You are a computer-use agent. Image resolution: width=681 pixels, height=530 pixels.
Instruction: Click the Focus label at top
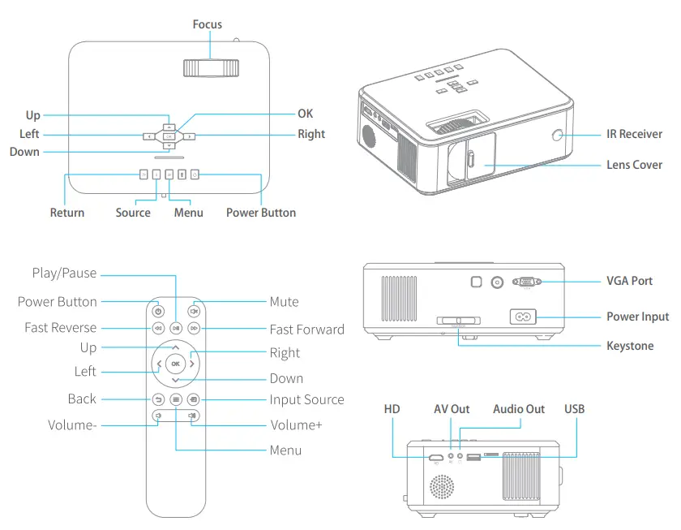[x=208, y=24]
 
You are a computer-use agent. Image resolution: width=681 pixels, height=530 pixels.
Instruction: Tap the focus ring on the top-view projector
[x=210, y=69]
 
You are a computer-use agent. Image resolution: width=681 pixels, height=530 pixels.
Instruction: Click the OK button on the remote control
[x=175, y=364]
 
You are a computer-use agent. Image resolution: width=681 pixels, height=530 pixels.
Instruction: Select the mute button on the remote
[x=194, y=310]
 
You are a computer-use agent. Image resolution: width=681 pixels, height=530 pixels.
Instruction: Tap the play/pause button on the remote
[x=176, y=328]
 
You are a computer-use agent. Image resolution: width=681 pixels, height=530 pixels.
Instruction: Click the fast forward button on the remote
[x=194, y=328]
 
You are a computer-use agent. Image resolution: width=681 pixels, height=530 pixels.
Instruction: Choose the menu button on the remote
[x=176, y=399]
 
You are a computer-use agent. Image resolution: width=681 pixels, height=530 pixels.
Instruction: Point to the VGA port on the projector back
[x=528, y=281]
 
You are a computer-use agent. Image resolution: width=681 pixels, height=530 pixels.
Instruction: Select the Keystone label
[x=629, y=346]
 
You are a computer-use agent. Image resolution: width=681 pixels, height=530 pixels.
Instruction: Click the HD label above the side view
[x=392, y=409]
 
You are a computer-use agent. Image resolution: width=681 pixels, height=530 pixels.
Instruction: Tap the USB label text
[x=574, y=409]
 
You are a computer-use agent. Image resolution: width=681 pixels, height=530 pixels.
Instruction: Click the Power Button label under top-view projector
[x=260, y=213]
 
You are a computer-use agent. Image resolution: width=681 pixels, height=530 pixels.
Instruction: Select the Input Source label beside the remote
[x=306, y=399]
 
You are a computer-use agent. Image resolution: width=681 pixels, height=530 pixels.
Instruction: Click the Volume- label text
[x=72, y=424]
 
